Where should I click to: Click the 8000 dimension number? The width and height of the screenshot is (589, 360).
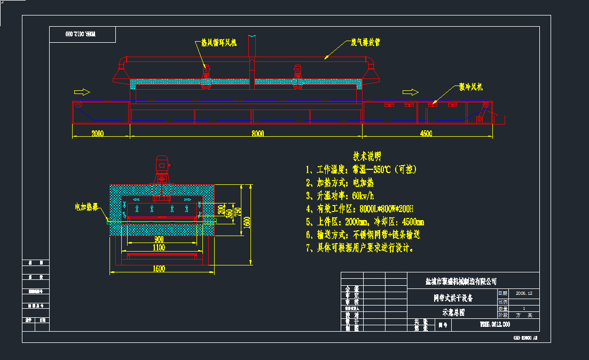point(257,134)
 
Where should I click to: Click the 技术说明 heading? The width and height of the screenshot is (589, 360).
point(367,156)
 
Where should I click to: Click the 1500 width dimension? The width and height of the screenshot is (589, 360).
point(159,269)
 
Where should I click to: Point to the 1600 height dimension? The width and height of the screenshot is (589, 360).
point(246,222)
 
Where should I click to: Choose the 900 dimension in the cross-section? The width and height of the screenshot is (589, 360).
point(159,239)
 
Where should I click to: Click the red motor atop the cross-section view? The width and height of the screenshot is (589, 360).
point(162,163)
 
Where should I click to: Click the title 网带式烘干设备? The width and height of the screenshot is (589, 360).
point(453,298)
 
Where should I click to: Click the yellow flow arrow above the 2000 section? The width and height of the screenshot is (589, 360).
point(82,91)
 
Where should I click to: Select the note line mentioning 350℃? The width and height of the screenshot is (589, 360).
point(361,170)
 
